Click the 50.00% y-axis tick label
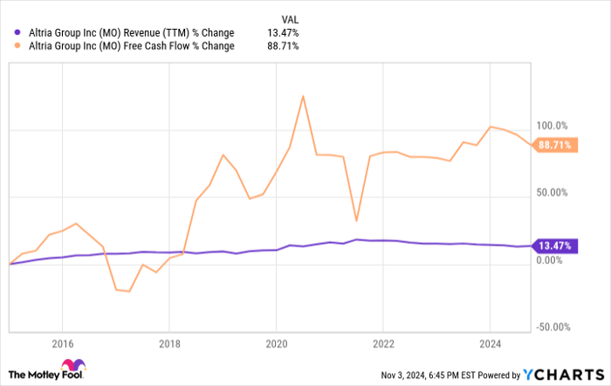(x=553, y=193)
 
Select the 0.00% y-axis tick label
(x=552, y=260)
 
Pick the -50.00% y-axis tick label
(x=554, y=328)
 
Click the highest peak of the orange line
(x=302, y=96)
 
